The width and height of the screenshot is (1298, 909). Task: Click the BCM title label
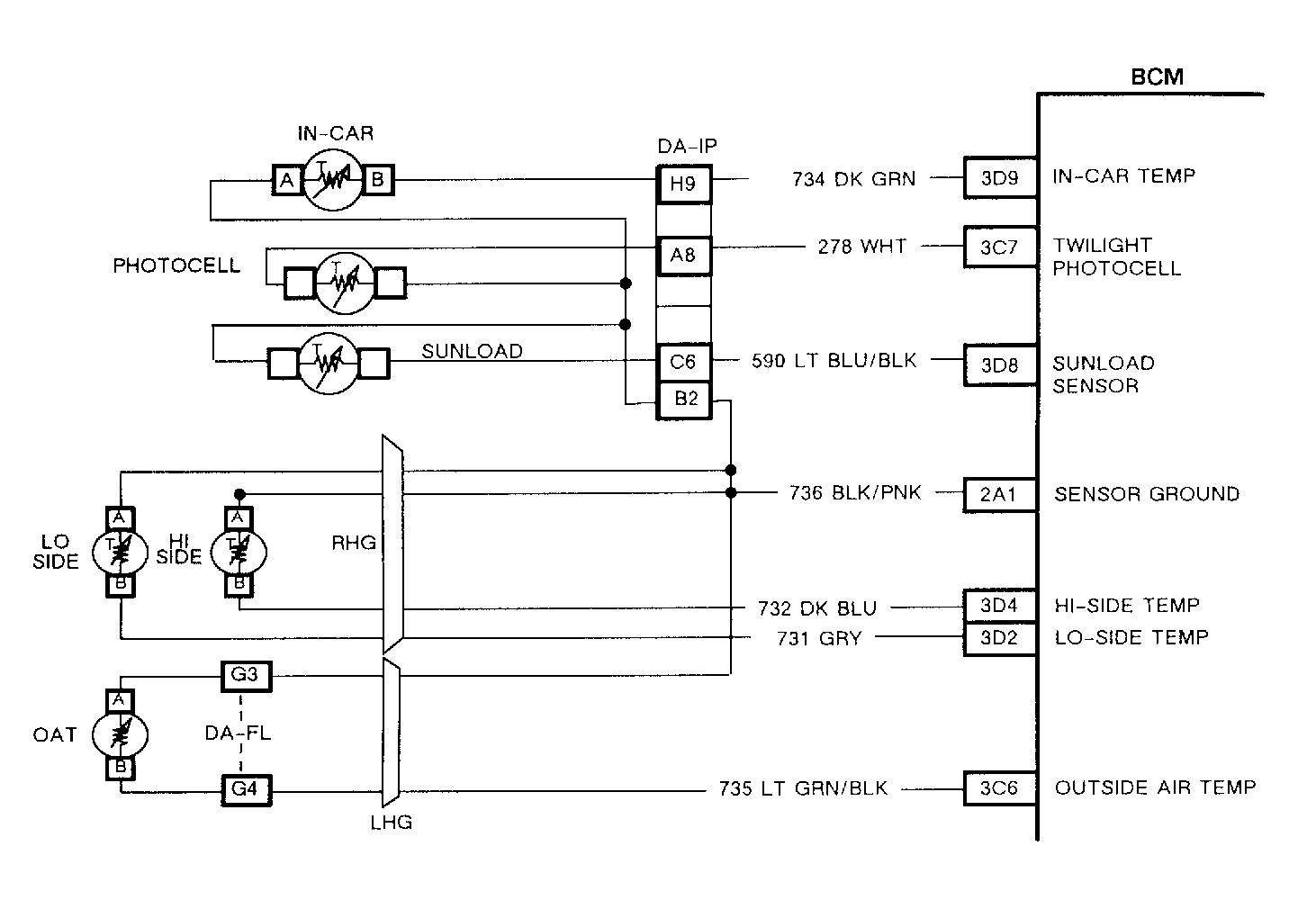(1157, 77)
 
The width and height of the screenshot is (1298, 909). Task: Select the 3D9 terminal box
(1000, 178)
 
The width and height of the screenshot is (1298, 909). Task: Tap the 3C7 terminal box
(1000, 247)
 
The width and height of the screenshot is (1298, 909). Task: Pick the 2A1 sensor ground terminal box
(999, 495)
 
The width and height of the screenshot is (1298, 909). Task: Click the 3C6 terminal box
(1000, 787)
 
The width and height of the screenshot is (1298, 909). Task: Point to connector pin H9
(684, 184)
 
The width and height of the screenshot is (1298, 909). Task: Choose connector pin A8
(684, 256)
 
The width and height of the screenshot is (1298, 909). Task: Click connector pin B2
(684, 400)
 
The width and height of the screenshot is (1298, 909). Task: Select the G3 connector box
(247, 676)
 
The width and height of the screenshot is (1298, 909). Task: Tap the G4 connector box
(247, 789)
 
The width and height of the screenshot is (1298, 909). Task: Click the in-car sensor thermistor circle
(333, 180)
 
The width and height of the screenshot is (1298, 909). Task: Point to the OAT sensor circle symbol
(120, 734)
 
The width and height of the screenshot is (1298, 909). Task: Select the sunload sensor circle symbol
(329, 364)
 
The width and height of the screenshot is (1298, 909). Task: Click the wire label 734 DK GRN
(853, 179)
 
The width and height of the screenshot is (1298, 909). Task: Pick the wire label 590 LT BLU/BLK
(834, 361)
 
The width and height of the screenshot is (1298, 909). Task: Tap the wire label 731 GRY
(819, 638)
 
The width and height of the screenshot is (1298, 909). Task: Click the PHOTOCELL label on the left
(176, 265)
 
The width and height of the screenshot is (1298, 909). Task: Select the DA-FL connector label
(239, 733)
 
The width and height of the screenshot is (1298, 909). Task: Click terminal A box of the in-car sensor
(287, 181)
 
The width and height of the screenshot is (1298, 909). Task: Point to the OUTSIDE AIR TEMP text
(1155, 787)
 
